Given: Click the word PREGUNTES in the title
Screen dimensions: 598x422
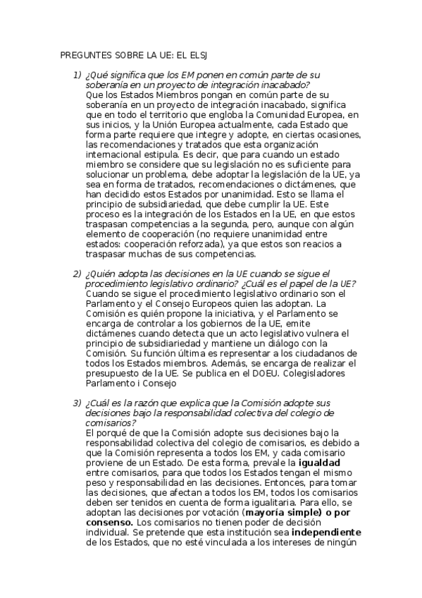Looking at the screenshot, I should (x=82, y=54).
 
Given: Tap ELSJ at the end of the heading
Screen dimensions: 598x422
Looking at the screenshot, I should (x=204, y=54).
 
